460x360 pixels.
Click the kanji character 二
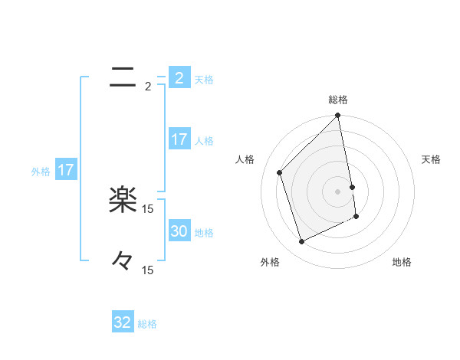(x=123, y=76)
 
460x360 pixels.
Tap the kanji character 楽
(x=123, y=201)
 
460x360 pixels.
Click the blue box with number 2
(x=179, y=78)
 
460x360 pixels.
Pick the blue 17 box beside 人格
(x=179, y=139)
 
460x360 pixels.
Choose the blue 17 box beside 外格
(x=66, y=170)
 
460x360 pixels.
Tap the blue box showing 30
(x=179, y=231)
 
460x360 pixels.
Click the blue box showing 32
(x=123, y=322)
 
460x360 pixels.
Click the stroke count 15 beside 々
(x=147, y=270)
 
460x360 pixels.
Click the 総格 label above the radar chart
(x=338, y=100)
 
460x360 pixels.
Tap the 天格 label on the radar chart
(x=431, y=159)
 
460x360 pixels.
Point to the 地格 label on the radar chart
(x=402, y=262)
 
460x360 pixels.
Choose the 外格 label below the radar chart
(x=270, y=262)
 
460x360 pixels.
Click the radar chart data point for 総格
(x=338, y=116)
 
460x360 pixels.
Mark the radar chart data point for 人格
(x=280, y=172)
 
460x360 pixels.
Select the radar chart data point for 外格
(x=302, y=242)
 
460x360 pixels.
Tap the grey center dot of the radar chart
(x=338, y=191)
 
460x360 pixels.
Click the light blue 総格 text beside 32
(x=147, y=324)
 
